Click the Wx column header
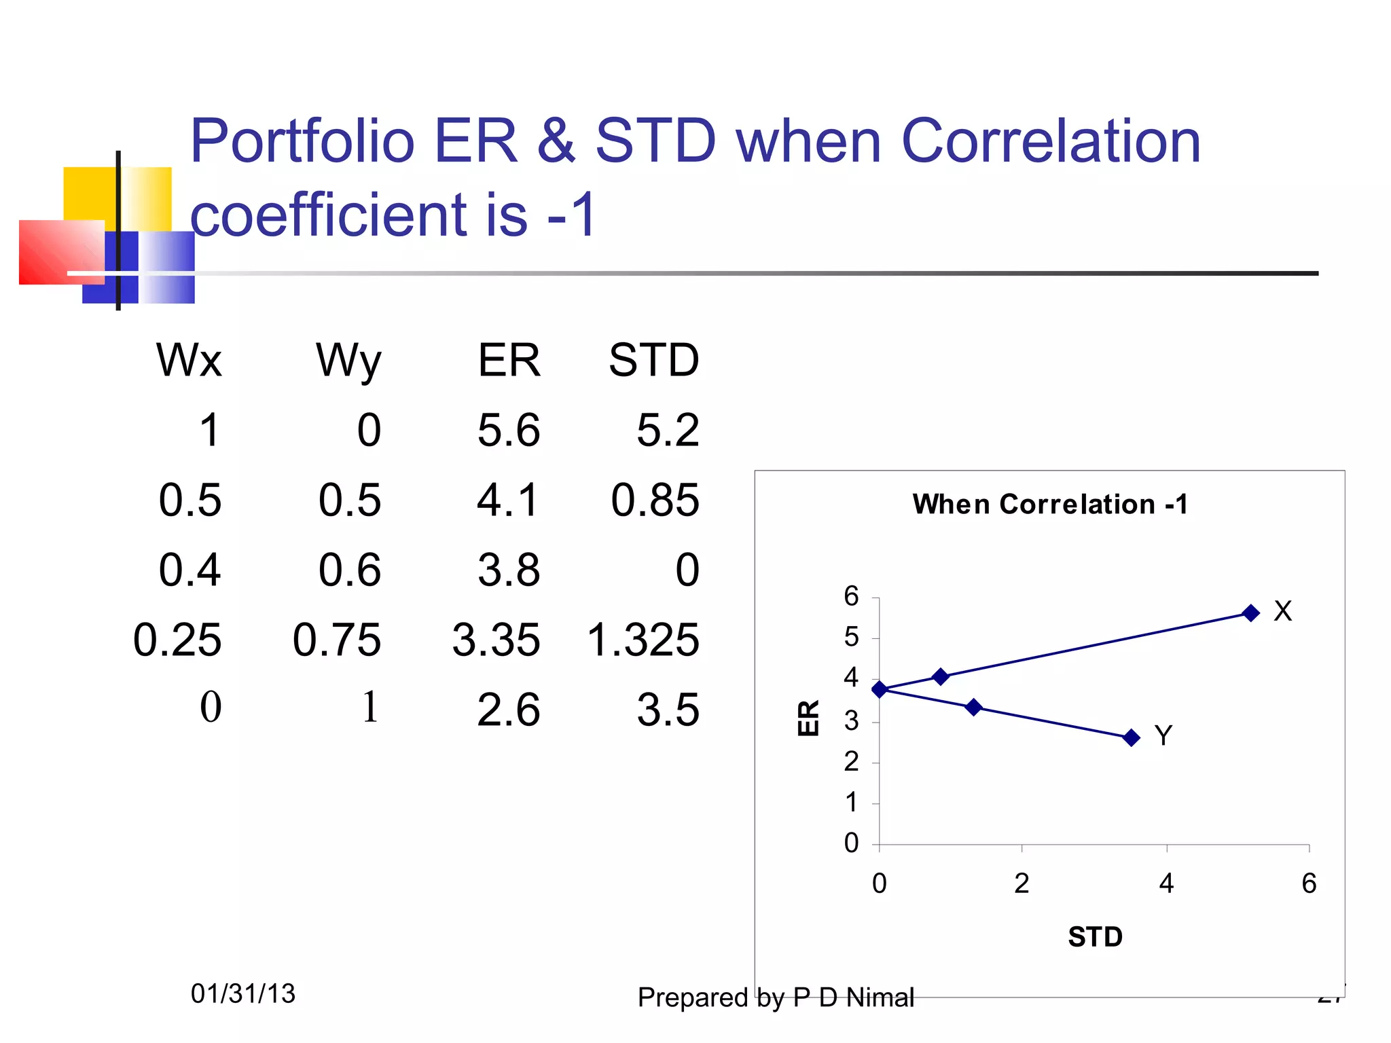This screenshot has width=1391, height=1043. tap(189, 360)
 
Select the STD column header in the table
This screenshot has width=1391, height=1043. tap(653, 360)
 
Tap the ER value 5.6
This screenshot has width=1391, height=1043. tap(509, 430)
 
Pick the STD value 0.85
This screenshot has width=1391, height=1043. tap(655, 500)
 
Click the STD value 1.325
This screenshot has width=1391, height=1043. tap(643, 640)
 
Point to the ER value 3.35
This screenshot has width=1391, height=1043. tap(496, 640)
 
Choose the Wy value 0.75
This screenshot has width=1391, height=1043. tap(337, 640)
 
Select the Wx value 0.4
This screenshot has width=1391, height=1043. tap(189, 570)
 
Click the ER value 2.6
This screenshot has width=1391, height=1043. tap(508, 710)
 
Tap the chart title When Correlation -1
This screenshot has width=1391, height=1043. tap(1050, 505)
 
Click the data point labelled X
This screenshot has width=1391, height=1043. tap(1250, 613)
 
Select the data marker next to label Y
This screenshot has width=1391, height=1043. tap(1132, 737)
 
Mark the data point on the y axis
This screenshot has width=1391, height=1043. tap(880, 689)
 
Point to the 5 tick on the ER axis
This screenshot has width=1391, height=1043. tap(851, 638)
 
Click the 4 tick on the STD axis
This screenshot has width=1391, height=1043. tap(1166, 883)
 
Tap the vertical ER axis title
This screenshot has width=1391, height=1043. tap(808, 718)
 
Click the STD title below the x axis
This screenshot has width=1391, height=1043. tap(1095, 937)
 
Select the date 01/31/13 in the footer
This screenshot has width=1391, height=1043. tap(243, 994)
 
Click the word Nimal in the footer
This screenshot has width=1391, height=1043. tap(880, 998)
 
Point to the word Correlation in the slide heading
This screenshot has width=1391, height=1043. tap(1051, 141)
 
